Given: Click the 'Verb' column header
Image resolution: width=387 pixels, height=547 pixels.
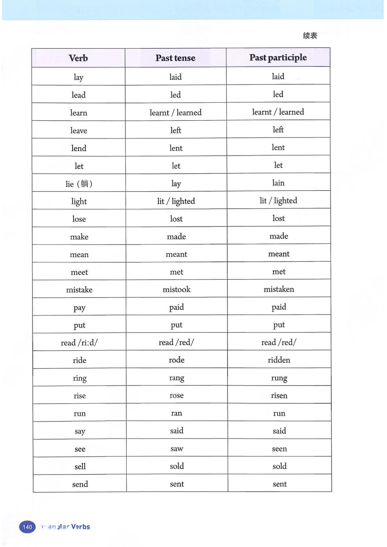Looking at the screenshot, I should coord(78,58).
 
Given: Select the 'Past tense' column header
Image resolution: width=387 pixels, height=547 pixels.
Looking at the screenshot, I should coord(175,58).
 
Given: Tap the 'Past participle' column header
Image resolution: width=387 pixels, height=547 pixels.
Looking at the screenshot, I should coord(278,58).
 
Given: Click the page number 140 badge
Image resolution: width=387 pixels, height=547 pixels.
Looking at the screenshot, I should coord(27,527).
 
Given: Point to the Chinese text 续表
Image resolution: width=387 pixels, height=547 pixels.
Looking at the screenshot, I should coord(310,36).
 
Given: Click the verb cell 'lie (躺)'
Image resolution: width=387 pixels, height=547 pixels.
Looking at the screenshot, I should coord(79,184).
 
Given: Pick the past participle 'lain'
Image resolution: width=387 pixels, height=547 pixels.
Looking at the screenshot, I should coord(278,183).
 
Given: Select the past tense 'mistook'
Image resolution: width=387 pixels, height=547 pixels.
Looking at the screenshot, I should coord(177,289).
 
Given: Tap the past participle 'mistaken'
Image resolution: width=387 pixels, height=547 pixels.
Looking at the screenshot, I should coord(279,289).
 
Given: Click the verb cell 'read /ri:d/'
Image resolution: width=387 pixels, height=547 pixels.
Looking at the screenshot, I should coord(79,343).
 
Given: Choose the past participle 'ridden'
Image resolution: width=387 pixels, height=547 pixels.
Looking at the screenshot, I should coord(279,360).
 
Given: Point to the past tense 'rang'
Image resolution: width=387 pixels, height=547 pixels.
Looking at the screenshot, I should coord(177,378).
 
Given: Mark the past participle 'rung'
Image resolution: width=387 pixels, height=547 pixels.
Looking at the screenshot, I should coord(279,378).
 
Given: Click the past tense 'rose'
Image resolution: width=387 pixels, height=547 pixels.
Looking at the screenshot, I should coord(177,395).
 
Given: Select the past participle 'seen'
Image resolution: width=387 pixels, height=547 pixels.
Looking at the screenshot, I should coord(279,449).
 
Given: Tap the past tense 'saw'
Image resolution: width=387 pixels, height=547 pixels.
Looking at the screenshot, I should coord(177,449).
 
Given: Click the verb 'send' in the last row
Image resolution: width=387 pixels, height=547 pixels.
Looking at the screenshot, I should coord(80,484).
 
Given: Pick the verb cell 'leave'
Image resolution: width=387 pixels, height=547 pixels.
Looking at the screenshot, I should coord(79,131).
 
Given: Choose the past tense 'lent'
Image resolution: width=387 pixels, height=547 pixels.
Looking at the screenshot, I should coord(176,148).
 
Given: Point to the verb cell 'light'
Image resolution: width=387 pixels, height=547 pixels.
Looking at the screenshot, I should coord(79,202).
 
